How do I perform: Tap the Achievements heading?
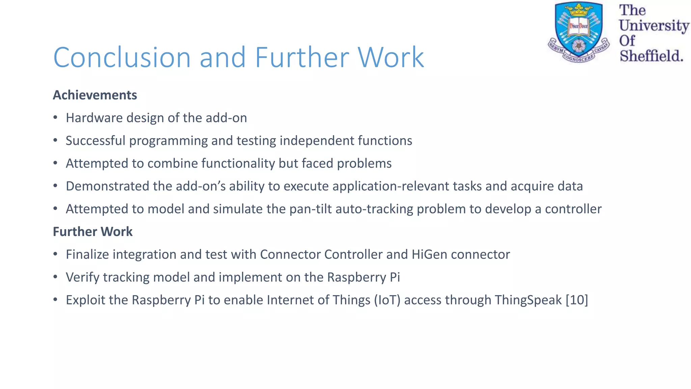pyautogui.click(x=95, y=95)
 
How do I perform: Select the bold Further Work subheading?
pyautogui.click(x=93, y=232)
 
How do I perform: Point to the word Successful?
pyautogui.click(x=95, y=140)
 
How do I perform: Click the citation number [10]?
pyautogui.click(x=577, y=300)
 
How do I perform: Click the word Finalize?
pyautogui.click(x=87, y=254)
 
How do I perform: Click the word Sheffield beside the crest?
pyautogui.click(x=651, y=56)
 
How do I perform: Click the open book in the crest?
pyautogui.click(x=579, y=26)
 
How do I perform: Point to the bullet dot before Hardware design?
pyautogui.click(x=55, y=118)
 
